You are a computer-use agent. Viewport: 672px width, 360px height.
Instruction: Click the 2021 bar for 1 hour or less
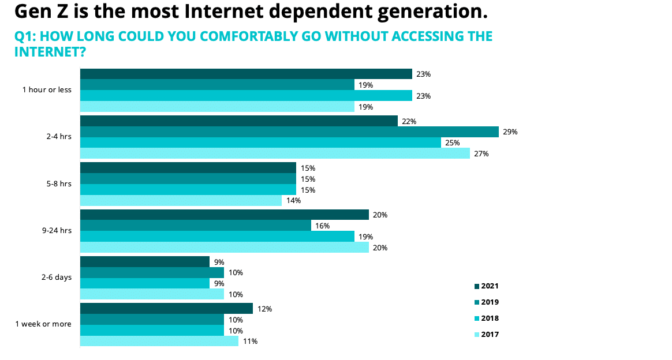(245, 74)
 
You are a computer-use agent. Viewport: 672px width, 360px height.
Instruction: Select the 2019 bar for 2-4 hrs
(289, 132)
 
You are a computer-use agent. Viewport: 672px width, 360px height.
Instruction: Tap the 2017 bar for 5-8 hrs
(181, 201)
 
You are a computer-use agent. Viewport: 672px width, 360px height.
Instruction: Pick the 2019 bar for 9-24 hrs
(195, 226)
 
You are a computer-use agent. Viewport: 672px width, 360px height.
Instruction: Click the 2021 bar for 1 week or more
(166, 309)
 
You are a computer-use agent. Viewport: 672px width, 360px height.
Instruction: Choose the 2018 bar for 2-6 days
(144, 283)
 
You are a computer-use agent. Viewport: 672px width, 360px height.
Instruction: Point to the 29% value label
(510, 132)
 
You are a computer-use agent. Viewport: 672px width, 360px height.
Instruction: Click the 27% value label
(481, 154)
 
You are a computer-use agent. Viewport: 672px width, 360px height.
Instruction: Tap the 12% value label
(264, 309)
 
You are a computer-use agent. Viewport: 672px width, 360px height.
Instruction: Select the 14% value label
(293, 201)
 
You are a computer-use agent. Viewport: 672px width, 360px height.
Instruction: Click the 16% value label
(322, 226)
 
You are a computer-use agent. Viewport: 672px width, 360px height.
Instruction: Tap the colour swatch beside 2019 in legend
(476, 302)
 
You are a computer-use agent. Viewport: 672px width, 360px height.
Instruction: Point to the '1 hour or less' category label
(47, 90)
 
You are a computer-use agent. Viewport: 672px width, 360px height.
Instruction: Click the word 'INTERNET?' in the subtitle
(50, 52)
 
